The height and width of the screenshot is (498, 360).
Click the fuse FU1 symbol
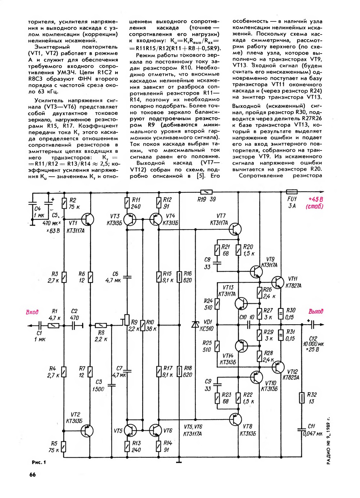click(x=291, y=192)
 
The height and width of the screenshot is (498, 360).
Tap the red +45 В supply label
click(x=315, y=199)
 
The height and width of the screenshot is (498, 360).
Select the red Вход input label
click(x=32, y=312)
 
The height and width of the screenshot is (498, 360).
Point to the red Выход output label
click(x=316, y=312)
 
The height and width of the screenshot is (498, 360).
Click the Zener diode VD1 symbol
click(x=195, y=325)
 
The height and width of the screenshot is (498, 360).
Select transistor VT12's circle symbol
click(x=278, y=367)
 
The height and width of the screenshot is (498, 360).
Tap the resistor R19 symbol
click(x=207, y=192)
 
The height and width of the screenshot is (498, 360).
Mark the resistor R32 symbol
click(x=302, y=398)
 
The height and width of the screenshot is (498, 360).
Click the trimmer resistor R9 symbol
click(x=127, y=319)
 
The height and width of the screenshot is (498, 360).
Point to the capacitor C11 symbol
click(x=302, y=429)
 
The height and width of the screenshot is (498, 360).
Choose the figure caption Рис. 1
click(x=39, y=462)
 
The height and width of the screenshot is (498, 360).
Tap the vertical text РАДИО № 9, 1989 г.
click(x=328, y=441)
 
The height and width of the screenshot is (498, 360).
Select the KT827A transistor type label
click(x=293, y=286)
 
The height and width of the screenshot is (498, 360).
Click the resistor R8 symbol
click(x=100, y=325)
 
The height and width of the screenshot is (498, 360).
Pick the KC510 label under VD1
click(x=208, y=329)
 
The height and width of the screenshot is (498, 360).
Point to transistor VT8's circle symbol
click(x=236, y=419)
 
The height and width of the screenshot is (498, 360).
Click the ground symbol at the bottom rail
click(x=179, y=461)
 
